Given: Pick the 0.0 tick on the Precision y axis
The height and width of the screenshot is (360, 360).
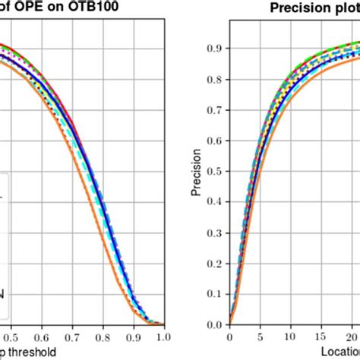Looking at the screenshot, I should coord(216,324).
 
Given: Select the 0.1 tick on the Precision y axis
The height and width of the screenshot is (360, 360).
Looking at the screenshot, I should coord(216,293).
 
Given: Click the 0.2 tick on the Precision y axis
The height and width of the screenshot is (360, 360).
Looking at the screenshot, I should coord(216,262).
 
